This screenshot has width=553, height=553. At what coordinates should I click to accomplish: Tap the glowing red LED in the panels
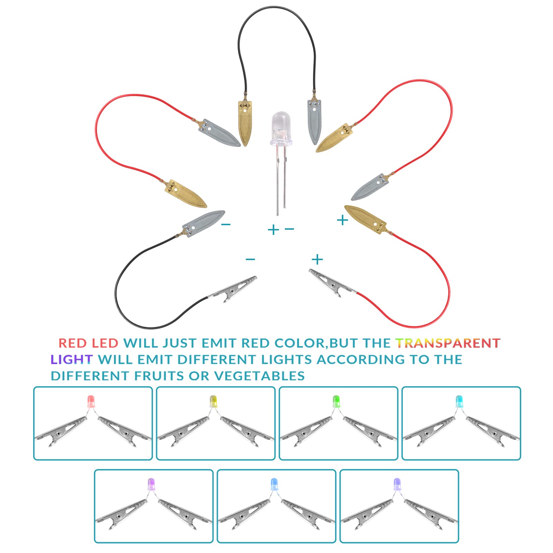click(x=91, y=402)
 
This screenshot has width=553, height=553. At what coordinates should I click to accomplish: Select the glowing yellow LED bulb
click(x=213, y=402)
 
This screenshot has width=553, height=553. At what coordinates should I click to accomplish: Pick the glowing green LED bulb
click(x=336, y=402)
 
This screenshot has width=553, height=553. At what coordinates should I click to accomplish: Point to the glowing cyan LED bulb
click(x=459, y=402)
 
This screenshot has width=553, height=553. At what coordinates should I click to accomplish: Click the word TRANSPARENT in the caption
click(x=448, y=343)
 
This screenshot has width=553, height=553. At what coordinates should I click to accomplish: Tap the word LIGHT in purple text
click(x=71, y=359)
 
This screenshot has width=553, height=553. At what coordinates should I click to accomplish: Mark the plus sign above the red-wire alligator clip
click(x=317, y=259)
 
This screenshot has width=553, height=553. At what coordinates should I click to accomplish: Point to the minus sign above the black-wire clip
click(x=250, y=259)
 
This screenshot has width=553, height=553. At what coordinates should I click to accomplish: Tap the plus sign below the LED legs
click(x=273, y=229)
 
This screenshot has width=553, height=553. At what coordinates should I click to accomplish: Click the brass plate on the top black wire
click(x=245, y=123)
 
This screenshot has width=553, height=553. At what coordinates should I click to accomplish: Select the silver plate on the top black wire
click(x=314, y=122)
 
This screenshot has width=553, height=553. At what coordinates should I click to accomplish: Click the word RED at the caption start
click(x=73, y=343)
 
